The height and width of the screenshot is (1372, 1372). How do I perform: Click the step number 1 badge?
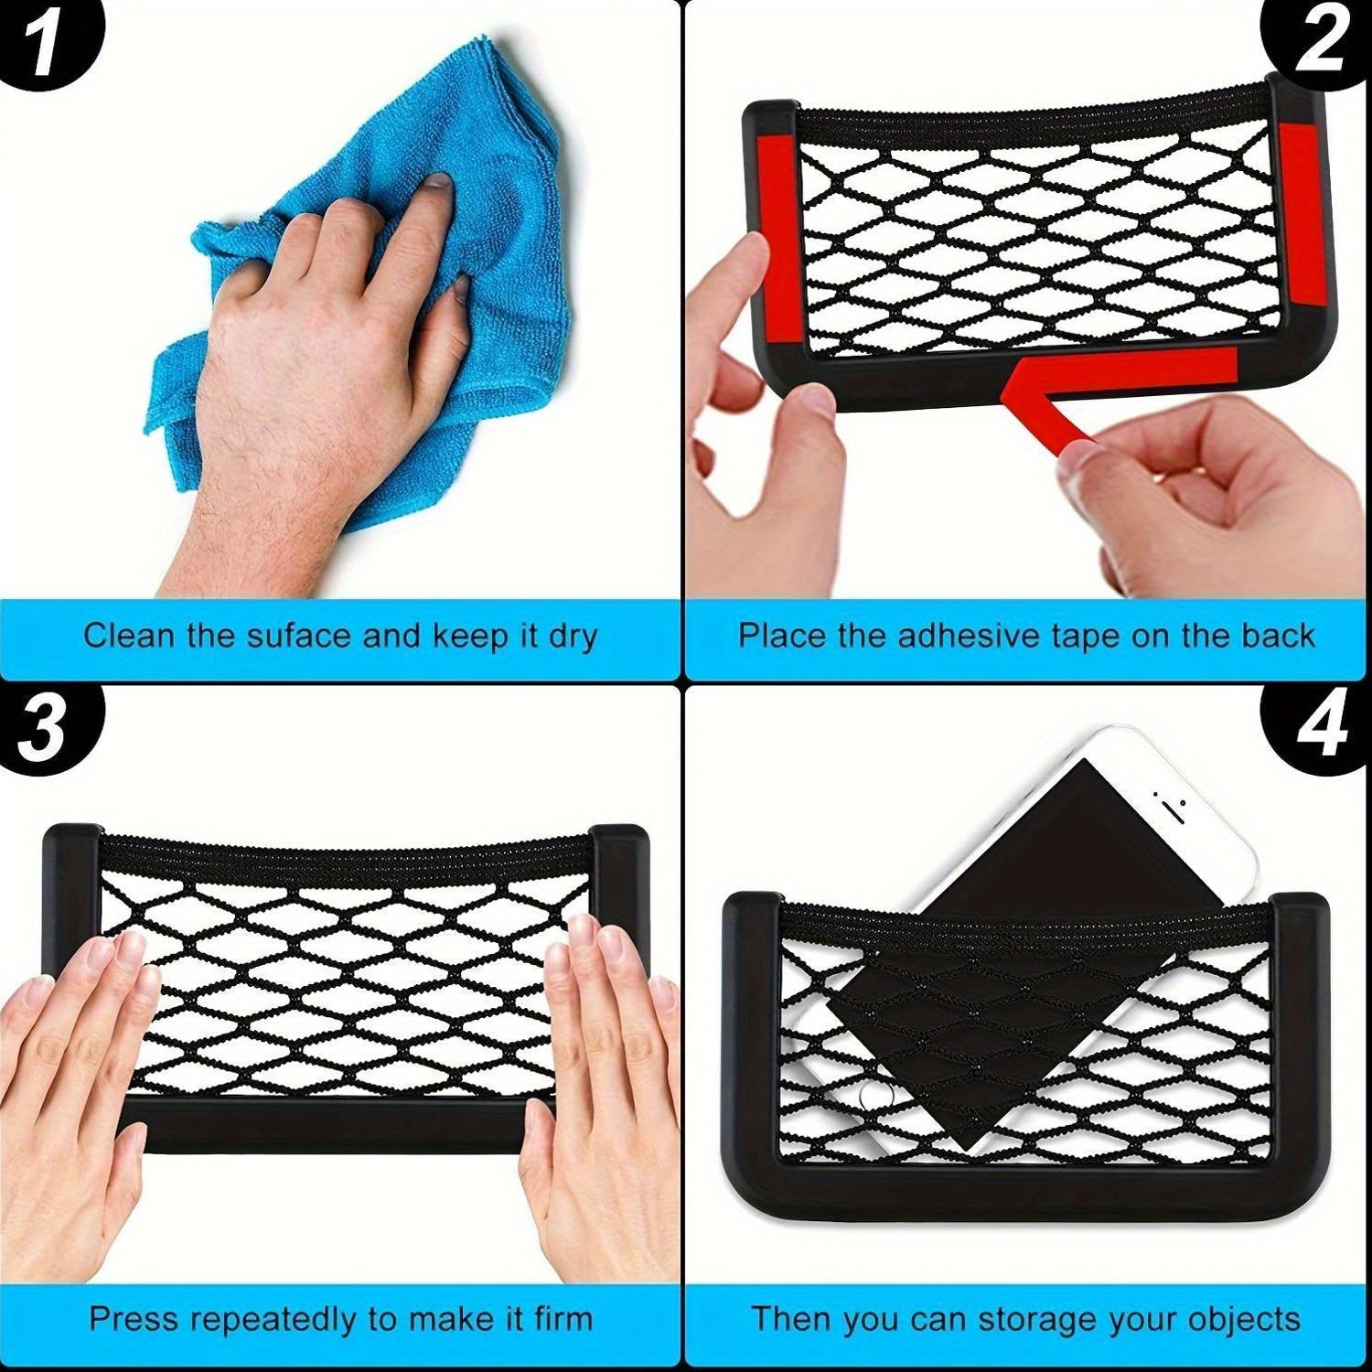41,41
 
